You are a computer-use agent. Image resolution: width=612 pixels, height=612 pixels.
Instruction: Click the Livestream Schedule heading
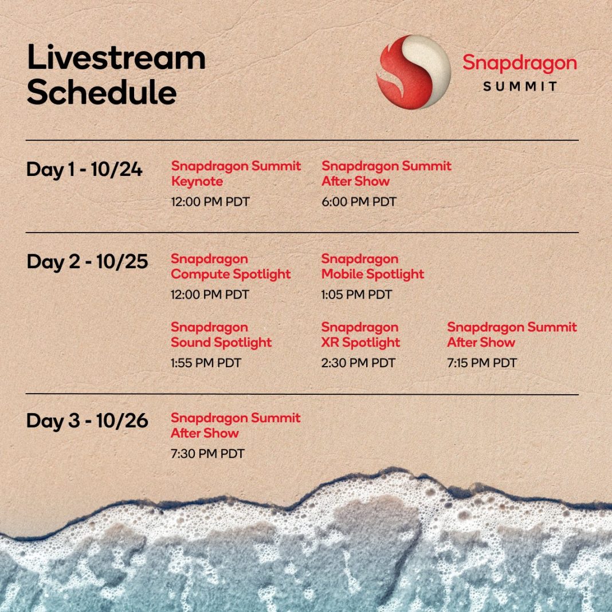tap(116, 75)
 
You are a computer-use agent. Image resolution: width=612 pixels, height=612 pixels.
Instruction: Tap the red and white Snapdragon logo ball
tap(413, 72)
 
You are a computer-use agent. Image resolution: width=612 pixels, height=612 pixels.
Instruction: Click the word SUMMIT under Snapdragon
tap(520, 87)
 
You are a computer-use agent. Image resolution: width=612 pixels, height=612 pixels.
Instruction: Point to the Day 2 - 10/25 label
tap(87, 262)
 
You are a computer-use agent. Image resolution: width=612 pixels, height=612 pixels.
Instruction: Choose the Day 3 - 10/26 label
tap(87, 421)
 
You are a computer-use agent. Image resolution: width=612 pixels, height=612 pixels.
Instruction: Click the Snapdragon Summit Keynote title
tap(236, 174)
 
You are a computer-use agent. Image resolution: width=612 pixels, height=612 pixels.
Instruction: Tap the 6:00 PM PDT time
tap(359, 202)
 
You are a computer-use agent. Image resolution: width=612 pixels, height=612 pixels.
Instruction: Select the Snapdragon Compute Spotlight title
tap(230, 266)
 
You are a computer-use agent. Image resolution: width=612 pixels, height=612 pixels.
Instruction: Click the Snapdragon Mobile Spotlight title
tap(372, 266)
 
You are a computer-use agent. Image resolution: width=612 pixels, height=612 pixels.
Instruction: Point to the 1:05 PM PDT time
tap(356, 295)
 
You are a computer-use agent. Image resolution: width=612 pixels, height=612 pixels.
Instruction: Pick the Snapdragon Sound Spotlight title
tap(221, 335)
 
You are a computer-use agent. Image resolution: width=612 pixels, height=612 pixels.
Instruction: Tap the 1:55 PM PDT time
tap(206, 363)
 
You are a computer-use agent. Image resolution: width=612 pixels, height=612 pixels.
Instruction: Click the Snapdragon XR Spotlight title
tap(360, 335)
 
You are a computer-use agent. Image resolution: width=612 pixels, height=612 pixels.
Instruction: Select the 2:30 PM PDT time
tap(358, 363)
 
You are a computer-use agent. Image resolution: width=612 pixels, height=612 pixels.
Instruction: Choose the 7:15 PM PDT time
tap(482, 363)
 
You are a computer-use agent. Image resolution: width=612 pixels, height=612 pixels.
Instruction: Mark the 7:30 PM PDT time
tap(207, 454)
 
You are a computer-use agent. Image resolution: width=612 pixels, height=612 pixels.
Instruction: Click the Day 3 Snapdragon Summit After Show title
tap(236, 425)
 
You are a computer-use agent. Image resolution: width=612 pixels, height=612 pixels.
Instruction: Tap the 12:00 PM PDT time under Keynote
tap(210, 202)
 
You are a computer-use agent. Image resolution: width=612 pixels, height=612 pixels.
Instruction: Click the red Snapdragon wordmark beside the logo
tap(519, 64)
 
